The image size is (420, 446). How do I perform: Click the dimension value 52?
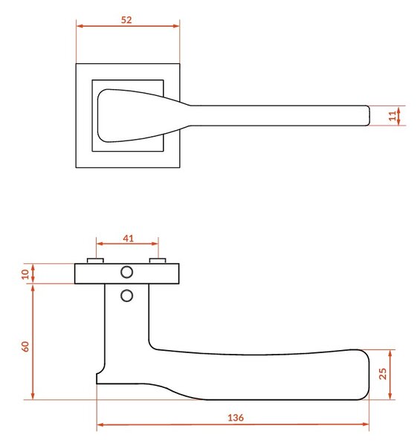pos(126,20)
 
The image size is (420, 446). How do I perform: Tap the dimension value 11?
pos(392,116)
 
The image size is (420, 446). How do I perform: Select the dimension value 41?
pos(129,239)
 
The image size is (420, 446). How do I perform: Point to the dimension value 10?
pos(25,274)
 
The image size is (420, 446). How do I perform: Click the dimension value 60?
pos(25,346)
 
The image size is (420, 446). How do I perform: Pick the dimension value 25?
pos(383,374)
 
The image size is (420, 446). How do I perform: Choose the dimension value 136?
pos(236,418)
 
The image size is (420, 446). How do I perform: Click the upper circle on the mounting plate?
pos(126,272)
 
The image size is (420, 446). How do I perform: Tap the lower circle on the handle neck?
pos(126,296)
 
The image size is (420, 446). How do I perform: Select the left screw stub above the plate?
pos(96,261)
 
